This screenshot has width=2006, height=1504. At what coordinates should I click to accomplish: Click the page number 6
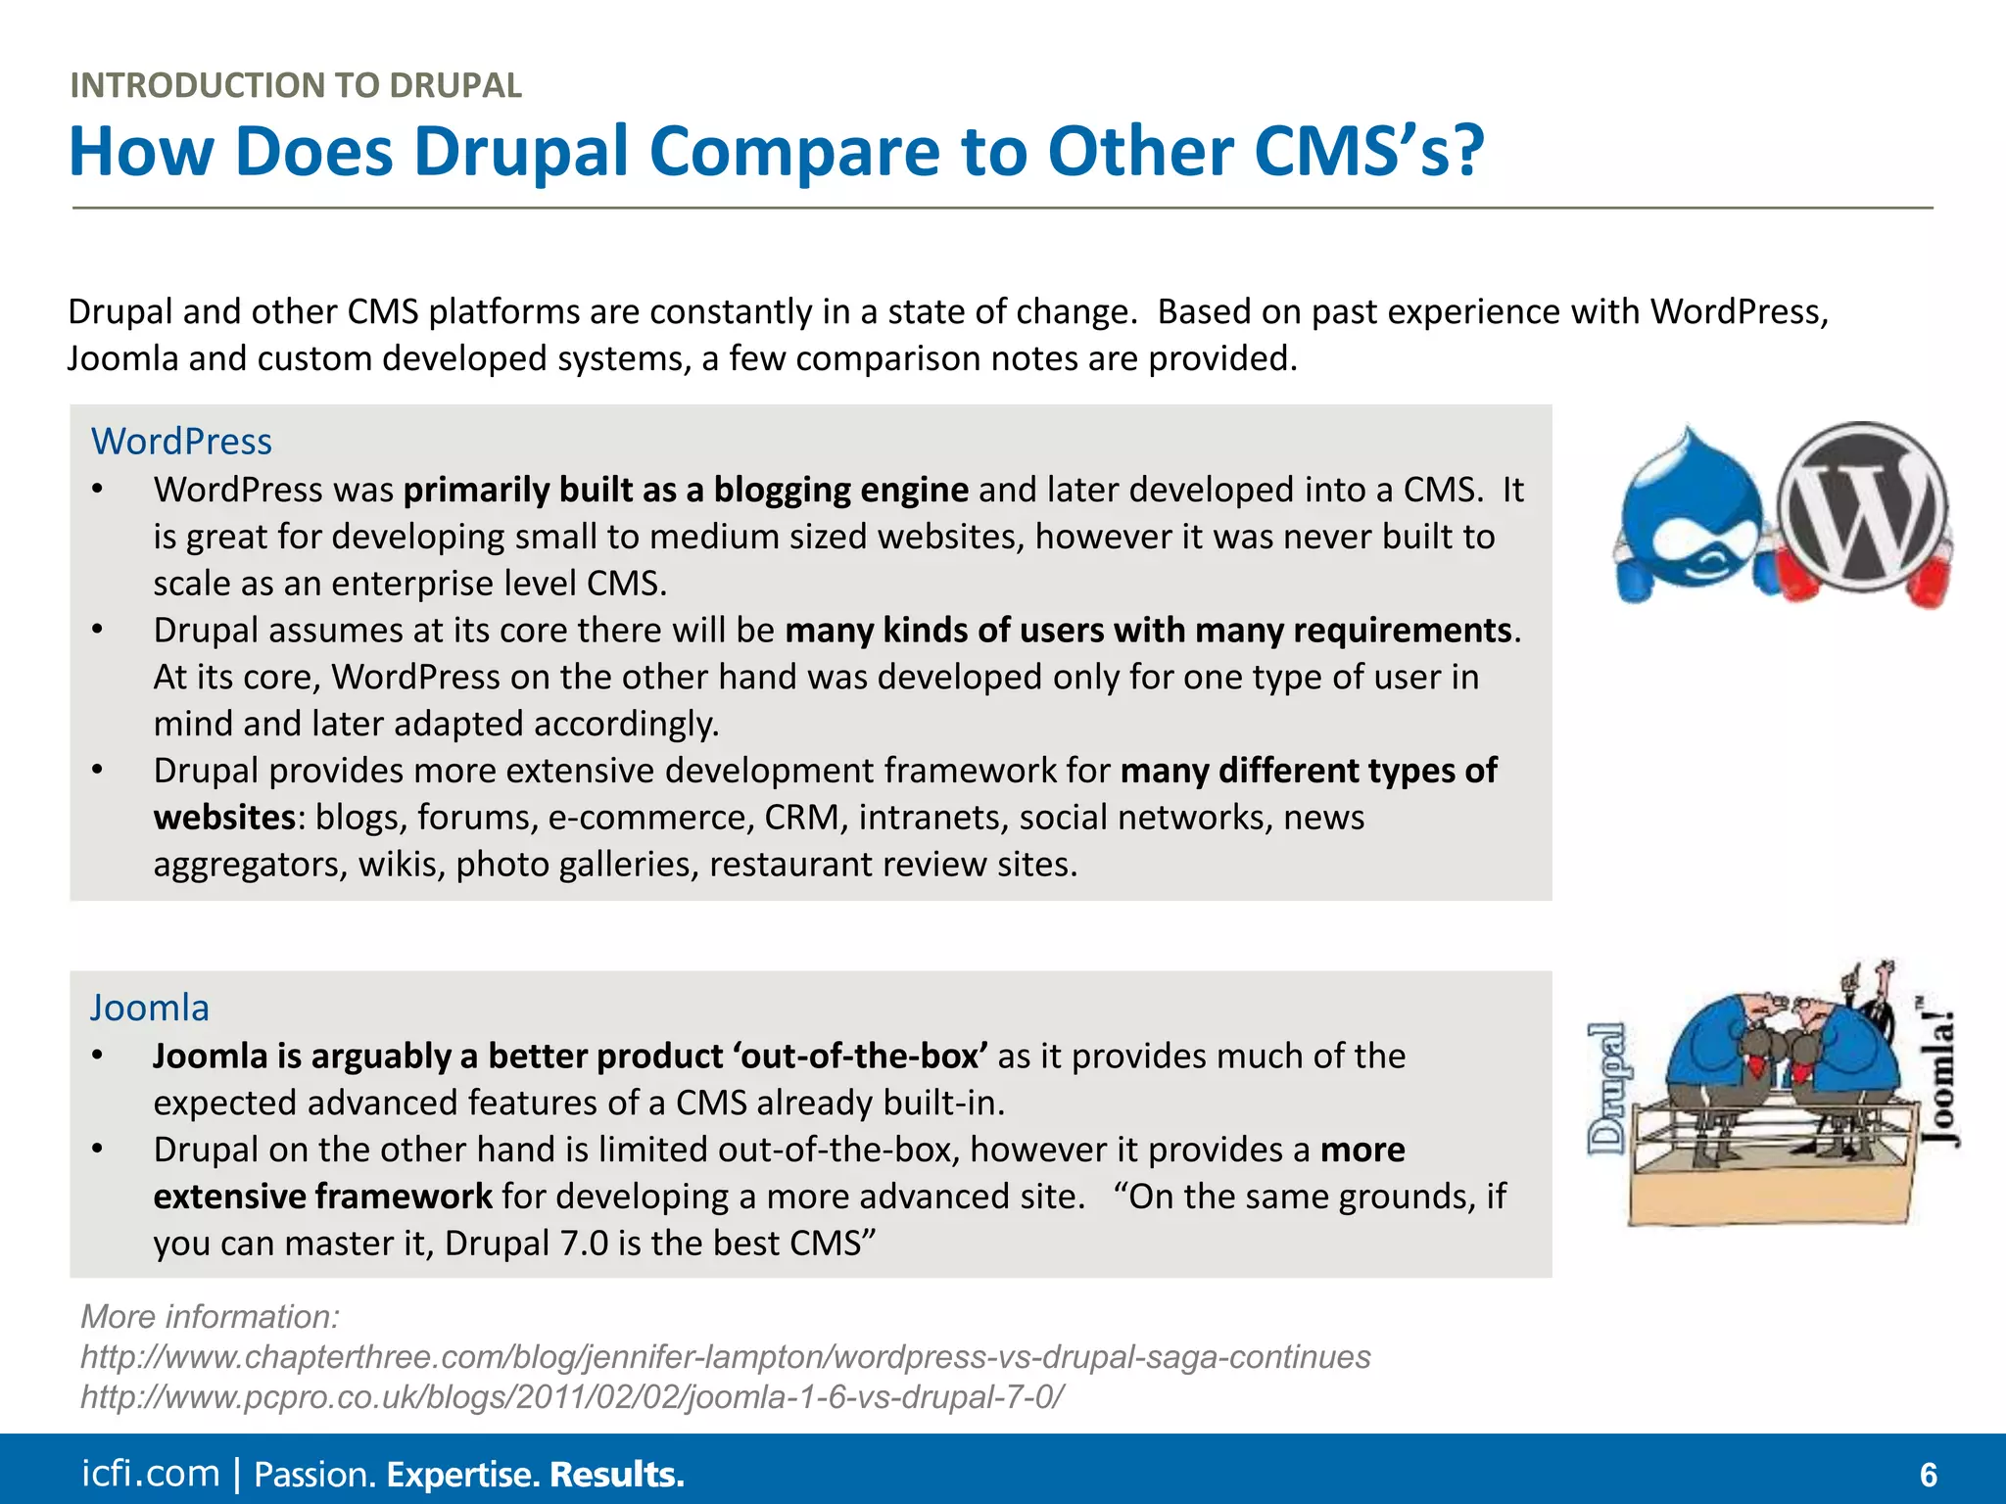(1928, 1475)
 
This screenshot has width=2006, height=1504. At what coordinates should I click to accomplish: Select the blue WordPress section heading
(181, 442)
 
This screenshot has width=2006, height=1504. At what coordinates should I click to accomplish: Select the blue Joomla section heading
(150, 1008)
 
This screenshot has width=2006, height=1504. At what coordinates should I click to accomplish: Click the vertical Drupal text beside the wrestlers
(1607, 1088)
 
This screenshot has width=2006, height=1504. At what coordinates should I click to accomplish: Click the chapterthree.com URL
(725, 1357)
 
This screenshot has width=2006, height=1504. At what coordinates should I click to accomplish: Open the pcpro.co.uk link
(572, 1396)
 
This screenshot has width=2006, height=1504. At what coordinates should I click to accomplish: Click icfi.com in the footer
(150, 1474)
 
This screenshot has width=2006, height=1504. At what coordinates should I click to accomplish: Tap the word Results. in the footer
(617, 1475)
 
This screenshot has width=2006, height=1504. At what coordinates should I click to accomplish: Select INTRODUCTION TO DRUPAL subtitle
(296, 85)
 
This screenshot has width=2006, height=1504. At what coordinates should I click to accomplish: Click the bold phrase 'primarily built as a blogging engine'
(686, 490)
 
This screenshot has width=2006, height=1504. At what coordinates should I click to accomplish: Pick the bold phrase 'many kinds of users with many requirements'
(1148, 630)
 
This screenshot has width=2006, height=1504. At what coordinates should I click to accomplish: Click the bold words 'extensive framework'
(322, 1197)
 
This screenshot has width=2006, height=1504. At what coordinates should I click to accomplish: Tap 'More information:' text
(210, 1317)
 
